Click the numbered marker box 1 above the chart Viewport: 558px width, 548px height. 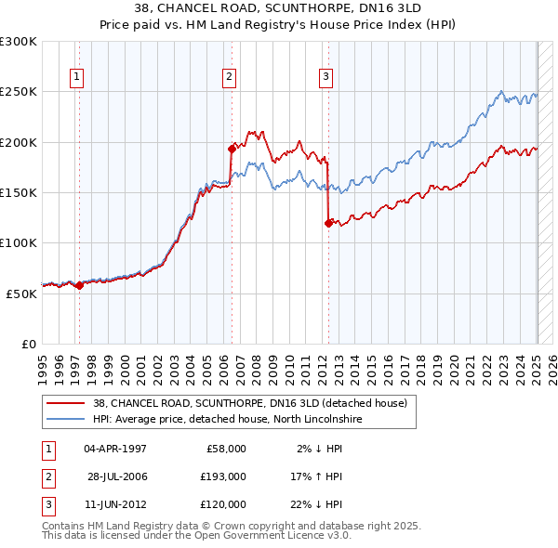76,78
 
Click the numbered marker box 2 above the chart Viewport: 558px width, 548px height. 230,78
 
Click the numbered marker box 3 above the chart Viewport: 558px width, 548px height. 326,78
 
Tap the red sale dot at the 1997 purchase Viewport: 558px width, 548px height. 79,285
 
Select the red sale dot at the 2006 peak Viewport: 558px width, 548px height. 232,148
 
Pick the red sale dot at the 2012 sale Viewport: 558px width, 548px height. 328,223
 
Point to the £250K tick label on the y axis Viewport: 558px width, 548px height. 19,92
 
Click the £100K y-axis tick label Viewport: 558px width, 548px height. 19,242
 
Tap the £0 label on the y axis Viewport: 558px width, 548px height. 28,344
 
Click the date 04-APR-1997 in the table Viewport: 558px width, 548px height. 115,449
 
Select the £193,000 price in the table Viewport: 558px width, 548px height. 223,476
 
